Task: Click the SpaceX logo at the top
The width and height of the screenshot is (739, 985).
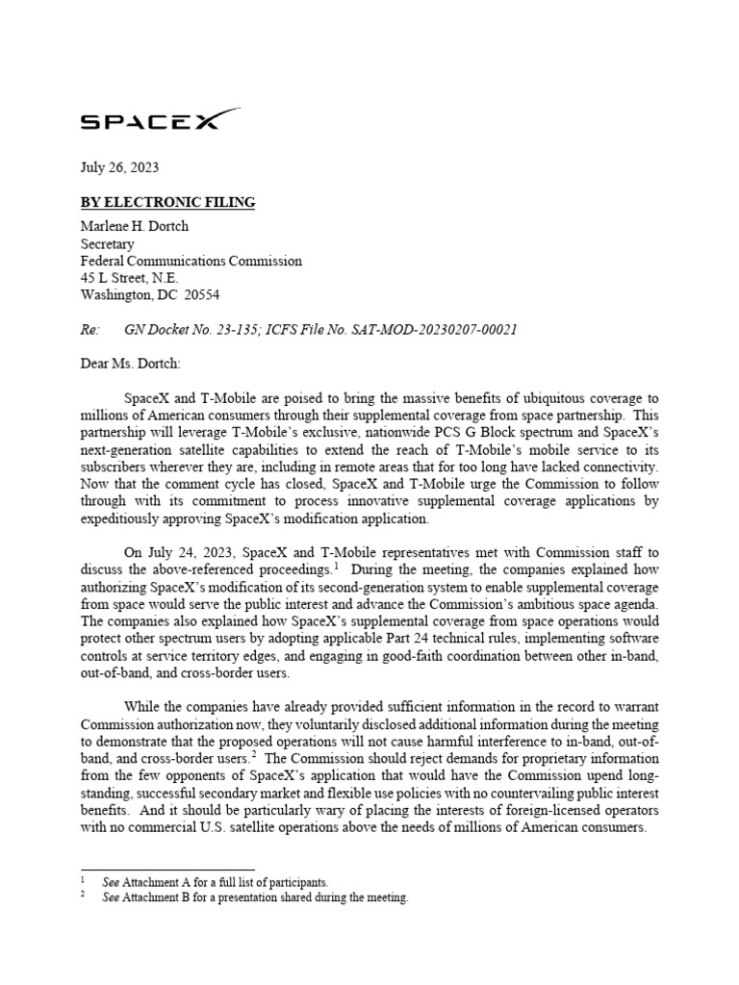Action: [x=160, y=120]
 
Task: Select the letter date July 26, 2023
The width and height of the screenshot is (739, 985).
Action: [x=118, y=167]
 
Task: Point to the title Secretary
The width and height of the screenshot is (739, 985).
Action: [x=107, y=244]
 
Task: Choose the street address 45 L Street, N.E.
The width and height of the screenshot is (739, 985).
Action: [x=129, y=278]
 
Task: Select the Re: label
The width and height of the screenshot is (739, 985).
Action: [x=89, y=330]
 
